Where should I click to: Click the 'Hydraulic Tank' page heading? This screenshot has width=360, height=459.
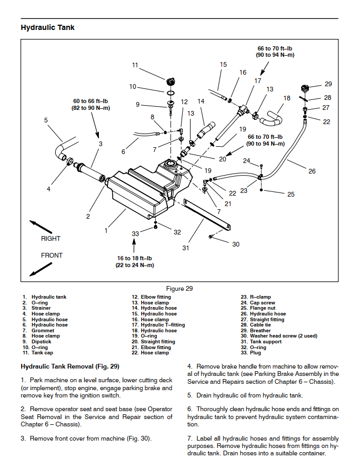click(47, 27)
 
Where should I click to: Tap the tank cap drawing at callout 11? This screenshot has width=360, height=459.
click(171, 81)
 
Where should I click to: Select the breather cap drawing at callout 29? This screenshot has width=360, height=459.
click(305, 88)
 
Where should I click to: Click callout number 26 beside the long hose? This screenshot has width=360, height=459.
click(312, 171)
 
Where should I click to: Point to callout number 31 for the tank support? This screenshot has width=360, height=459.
click(186, 248)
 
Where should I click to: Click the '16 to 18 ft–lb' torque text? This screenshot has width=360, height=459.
click(134, 258)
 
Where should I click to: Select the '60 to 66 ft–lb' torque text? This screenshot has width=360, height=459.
click(91, 101)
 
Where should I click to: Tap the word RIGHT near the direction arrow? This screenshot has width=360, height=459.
click(51, 239)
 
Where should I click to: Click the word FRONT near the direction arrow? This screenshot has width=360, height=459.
click(52, 255)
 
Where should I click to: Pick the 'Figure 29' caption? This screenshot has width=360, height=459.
click(179, 289)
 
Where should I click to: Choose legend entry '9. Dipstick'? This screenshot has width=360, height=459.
click(37, 342)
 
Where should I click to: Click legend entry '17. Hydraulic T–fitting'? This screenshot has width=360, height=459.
click(158, 325)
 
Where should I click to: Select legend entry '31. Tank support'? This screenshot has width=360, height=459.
click(261, 342)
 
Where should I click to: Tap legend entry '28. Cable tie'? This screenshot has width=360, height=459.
click(256, 325)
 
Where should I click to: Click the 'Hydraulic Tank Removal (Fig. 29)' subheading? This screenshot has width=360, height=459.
click(70, 366)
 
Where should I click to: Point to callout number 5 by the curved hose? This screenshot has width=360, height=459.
click(46, 120)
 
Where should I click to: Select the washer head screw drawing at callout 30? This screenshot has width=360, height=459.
click(211, 236)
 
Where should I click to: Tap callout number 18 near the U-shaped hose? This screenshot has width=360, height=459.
click(287, 98)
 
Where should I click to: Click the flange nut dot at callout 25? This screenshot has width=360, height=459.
click(261, 190)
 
